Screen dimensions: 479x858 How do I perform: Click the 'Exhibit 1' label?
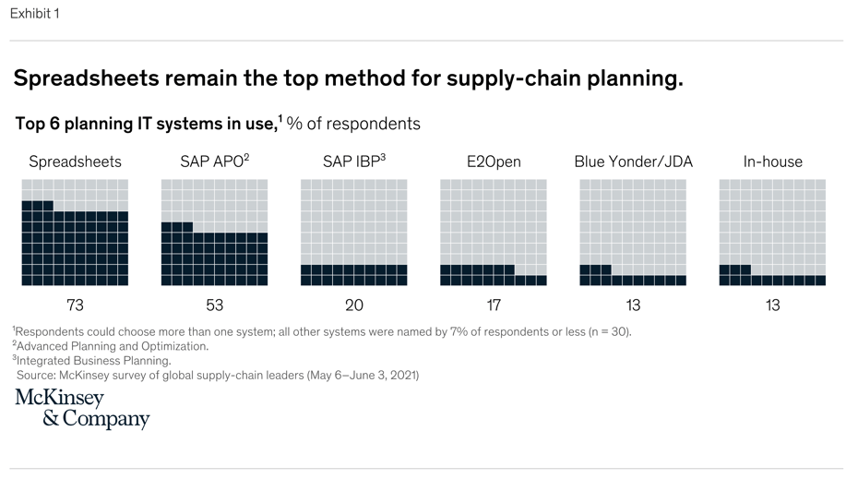[x=34, y=14]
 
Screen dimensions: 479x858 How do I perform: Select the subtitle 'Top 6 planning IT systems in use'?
[x=145, y=124]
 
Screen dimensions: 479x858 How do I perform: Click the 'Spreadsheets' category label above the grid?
[x=75, y=162]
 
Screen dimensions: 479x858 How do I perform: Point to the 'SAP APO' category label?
[x=214, y=162]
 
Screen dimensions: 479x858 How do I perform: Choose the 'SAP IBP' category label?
[x=353, y=162]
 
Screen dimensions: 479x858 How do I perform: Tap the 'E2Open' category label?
[x=494, y=162]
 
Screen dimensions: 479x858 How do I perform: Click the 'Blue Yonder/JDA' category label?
[x=633, y=162]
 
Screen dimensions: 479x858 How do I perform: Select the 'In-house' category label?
[x=772, y=162]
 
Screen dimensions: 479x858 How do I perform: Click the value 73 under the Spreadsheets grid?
[x=75, y=305]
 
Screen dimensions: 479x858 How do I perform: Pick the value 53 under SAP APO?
[x=214, y=305]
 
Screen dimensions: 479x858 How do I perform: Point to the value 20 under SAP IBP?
[x=353, y=305]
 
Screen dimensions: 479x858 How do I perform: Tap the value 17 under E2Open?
[x=494, y=305]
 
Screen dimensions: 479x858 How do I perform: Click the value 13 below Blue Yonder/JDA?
[x=633, y=305]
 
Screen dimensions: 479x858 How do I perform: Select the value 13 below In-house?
[x=772, y=305]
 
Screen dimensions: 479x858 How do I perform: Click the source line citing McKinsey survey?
[x=218, y=376]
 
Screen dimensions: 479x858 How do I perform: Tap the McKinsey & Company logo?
[x=81, y=409]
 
